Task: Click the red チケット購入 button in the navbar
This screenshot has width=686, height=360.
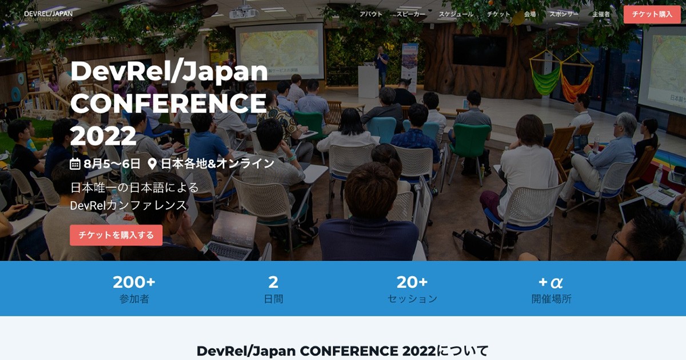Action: tap(652, 14)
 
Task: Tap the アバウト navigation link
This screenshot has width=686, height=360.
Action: tap(371, 14)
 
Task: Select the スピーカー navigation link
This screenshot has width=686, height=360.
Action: tap(410, 14)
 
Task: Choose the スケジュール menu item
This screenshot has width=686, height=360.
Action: tap(456, 14)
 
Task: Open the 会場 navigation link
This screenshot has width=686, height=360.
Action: tap(530, 14)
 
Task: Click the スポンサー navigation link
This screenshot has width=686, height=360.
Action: tap(564, 14)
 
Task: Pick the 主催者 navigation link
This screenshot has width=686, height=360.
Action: tap(601, 14)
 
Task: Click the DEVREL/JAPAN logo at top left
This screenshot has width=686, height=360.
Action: tap(49, 14)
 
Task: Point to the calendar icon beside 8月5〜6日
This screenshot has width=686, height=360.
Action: tap(75, 164)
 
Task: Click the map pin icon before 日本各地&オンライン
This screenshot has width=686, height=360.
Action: tap(152, 164)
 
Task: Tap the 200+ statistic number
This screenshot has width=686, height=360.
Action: tap(134, 282)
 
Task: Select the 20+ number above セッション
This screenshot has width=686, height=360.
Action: tap(412, 282)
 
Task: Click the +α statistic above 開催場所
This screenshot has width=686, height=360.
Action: tap(551, 282)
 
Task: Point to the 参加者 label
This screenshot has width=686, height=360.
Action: tap(134, 299)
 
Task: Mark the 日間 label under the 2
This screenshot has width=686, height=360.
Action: tap(273, 299)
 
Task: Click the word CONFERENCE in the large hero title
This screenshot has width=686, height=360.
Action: tap(168, 103)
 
